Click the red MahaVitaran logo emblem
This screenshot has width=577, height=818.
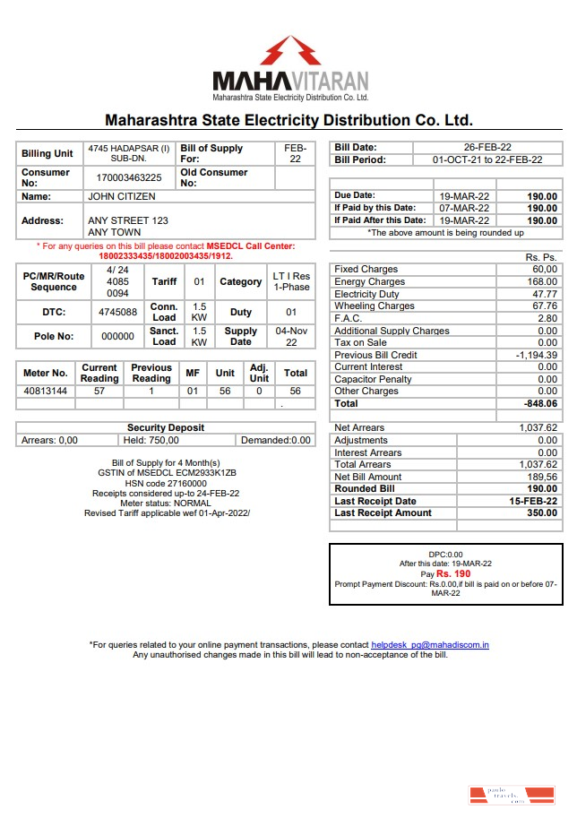290,50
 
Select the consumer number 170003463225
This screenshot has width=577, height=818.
129,178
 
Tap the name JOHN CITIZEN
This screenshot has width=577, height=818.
121,196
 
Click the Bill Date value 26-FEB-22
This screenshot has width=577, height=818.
487,148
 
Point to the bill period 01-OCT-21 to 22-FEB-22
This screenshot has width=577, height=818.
487,160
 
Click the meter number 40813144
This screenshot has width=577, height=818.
45,392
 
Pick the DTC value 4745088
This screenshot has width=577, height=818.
117,313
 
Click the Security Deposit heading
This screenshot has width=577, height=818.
165,428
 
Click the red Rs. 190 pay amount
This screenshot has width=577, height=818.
453,573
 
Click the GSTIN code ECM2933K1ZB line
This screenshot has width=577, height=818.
166,472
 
